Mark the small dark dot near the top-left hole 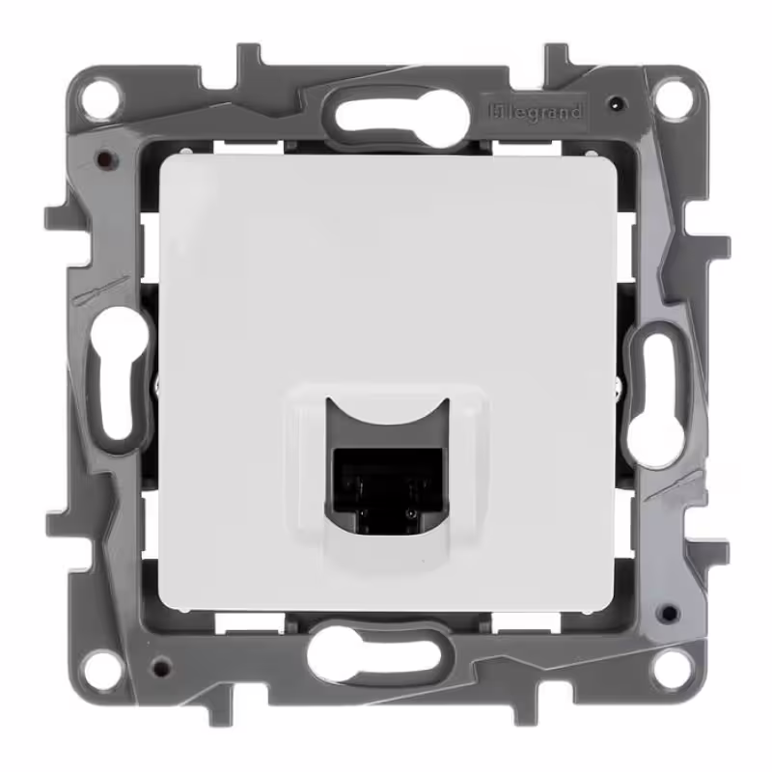point(103,158)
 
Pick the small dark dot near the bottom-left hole point(160,666)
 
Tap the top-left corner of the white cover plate point(164,160)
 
